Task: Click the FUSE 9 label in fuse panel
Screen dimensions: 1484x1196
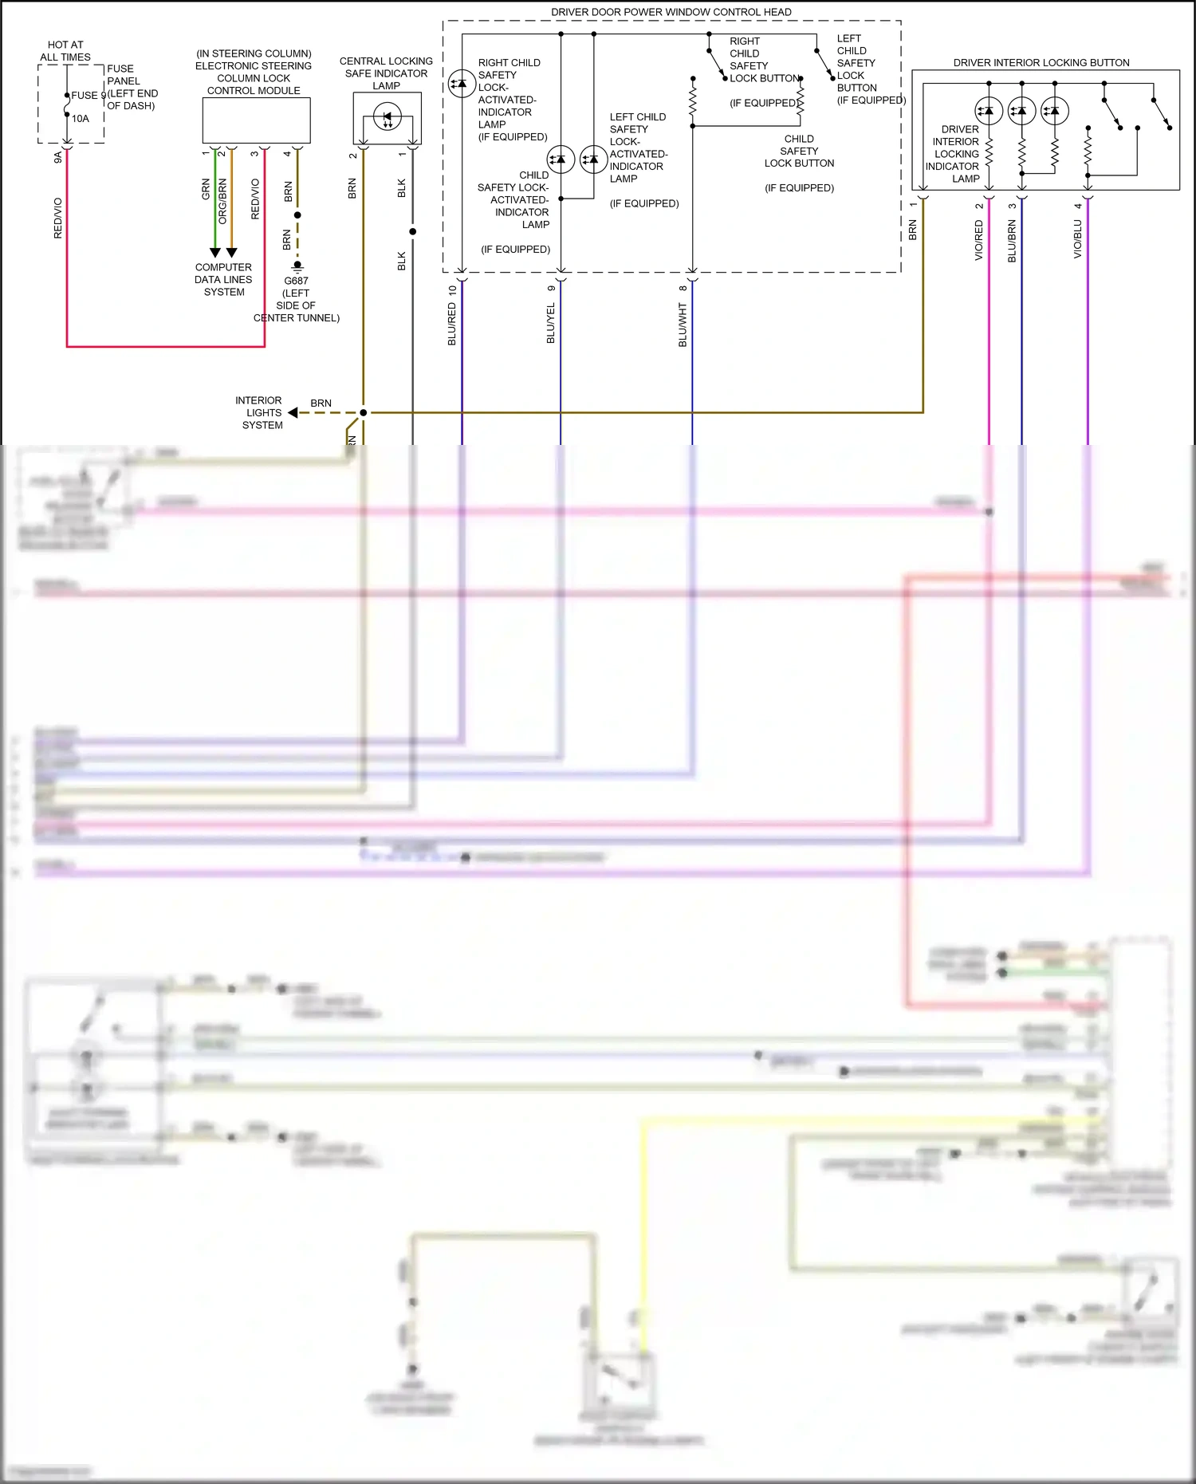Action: click(x=85, y=96)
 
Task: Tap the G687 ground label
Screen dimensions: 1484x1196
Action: click(x=296, y=281)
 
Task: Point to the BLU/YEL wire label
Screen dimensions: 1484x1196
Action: click(x=551, y=323)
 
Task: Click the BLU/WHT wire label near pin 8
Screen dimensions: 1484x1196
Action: click(x=683, y=325)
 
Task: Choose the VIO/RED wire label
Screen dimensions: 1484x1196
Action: click(x=979, y=240)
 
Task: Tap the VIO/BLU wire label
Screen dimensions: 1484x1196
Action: click(x=1078, y=239)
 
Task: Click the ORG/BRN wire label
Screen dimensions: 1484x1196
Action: click(x=222, y=201)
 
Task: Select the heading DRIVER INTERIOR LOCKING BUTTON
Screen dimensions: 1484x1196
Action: click(x=1041, y=62)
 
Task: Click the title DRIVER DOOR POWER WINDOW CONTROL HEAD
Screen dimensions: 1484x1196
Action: click(x=671, y=12)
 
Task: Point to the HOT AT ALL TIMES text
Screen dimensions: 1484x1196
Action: click(x=65, y=51)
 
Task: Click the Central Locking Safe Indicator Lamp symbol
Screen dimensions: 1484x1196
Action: click(x=388, y=119)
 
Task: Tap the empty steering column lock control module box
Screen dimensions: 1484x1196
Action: click(x=256, y=120)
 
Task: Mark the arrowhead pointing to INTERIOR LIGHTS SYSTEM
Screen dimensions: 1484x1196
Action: click(x=293, y=413)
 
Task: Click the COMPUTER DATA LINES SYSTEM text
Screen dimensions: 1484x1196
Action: click(x=223, y=280)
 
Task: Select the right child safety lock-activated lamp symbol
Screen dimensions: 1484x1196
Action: click(x=462, y=84)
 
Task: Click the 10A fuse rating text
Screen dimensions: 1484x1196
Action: click(x=81, y=119)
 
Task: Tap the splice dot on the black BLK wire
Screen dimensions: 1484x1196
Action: click(x=412, y=232)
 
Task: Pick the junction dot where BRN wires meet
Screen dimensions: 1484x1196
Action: click(x=364, y=413)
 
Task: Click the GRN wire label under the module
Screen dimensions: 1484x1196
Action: click(x=206, y=189)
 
